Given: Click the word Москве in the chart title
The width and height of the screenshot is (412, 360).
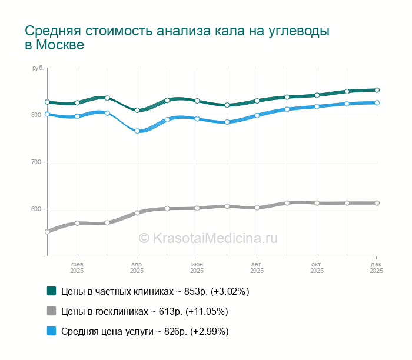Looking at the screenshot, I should [60, 45].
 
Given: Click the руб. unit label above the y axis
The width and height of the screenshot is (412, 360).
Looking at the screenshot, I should [38, 69].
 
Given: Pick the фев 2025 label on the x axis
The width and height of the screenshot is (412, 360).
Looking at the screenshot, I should [77, 268].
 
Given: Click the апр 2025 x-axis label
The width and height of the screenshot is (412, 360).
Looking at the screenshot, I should [137, 268].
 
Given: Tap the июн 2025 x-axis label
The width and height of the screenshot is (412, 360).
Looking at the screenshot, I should [197, 268].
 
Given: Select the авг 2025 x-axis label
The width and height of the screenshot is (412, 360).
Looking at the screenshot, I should [257, 268].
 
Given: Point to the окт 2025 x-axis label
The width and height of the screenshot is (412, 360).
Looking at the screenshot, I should [317, 268].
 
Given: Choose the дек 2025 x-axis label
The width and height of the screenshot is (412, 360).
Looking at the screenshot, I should [376, 268].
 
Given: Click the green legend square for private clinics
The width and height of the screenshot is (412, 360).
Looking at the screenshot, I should [51, 291].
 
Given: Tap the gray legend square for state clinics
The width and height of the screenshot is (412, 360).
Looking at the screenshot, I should [51, 311].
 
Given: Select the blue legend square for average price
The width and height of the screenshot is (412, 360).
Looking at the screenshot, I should [51, 331].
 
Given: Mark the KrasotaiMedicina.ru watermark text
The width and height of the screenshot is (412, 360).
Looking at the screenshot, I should [208, 238].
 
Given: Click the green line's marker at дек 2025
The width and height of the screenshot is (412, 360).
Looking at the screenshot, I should [377, 90].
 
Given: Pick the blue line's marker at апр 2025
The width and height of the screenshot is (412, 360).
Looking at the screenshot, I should [137, 131].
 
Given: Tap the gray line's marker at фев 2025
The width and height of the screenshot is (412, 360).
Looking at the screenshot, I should [77, 224].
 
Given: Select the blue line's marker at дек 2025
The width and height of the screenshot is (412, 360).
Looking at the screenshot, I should [377, 103].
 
